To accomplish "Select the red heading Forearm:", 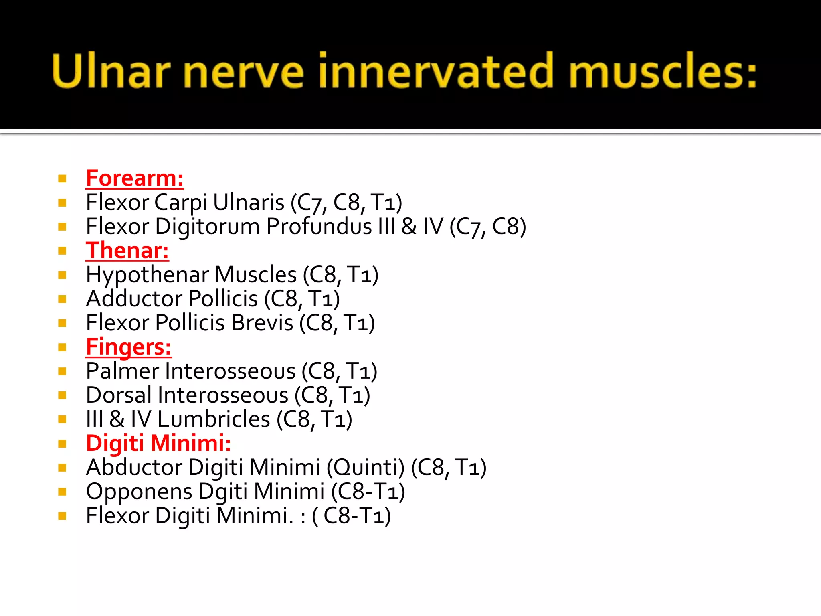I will [x=135, y=178].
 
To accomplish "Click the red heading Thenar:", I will [x=127, y=251].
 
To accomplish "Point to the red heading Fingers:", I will [x=129, y=347].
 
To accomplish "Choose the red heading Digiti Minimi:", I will [x=158, y=444].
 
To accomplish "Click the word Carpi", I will [x=180, y=203].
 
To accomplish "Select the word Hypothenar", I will [x=147, y=276].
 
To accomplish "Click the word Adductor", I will [x=134, y=299].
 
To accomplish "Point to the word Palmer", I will [x=123, y=371].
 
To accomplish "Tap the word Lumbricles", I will [x=214, y=419].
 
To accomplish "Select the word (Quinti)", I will [x=366, y=468].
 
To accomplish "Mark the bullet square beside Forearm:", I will [x=62, y=178].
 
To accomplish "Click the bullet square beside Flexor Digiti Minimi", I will [x=62, y=516].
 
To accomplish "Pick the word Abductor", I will [x=134, y=468].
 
